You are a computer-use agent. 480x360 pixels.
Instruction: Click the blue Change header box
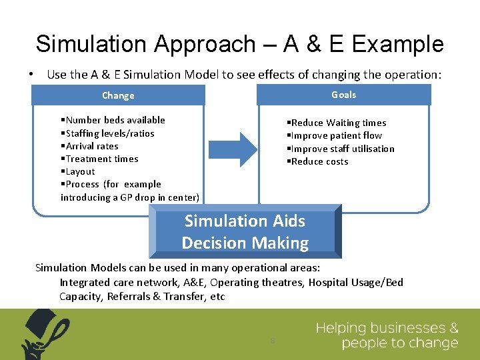[119, 95]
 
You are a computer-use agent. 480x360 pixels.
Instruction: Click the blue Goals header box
[344, 95]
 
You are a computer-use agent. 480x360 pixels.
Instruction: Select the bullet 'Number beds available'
[113, 120]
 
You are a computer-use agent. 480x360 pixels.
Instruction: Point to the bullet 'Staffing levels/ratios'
[108, 133]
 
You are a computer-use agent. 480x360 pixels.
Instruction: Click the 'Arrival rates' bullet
[90, 146]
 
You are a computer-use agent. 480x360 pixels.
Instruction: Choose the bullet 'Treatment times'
[100, 159]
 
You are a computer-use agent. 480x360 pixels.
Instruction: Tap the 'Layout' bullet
[79, 171]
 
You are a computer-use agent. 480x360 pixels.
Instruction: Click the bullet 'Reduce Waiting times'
[337, 123]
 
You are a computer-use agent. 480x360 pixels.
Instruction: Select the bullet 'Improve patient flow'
[335, 135]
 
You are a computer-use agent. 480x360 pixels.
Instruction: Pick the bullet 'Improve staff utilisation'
[341, 149]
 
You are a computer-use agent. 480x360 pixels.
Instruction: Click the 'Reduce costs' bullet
[318, 161]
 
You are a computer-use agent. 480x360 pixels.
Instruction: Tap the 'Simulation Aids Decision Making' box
[245, 232]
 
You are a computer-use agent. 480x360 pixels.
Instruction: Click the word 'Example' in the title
[397, 44]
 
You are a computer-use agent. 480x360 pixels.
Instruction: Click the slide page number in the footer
[273, 341]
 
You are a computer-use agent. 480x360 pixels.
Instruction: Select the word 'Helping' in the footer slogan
[341, 328]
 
